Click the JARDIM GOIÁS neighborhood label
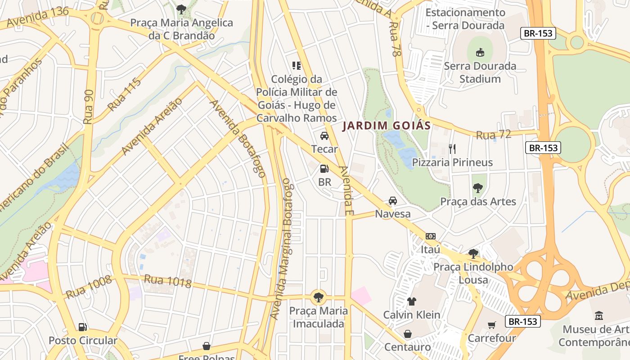coord(387,126)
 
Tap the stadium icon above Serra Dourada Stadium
coord(480,52)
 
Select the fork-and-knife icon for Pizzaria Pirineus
coord(452,148)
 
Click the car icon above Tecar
coord(324,136)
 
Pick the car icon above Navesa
coord(393,201)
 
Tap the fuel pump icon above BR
coord(324,169)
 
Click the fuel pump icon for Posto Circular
coord(82,327)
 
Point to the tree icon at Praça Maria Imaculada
coord(319,297)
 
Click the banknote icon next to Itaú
coord(431,236)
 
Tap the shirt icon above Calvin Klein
coord(411,301)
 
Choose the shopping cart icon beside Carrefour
coord(491,325)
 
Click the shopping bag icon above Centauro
coord(407,334)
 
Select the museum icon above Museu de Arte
coord(599,316)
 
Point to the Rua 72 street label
coord(493,134)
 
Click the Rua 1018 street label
coord(167,281)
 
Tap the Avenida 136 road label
coord(38,17)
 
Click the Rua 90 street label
coord(88,107)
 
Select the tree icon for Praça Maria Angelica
coord(181,9)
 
